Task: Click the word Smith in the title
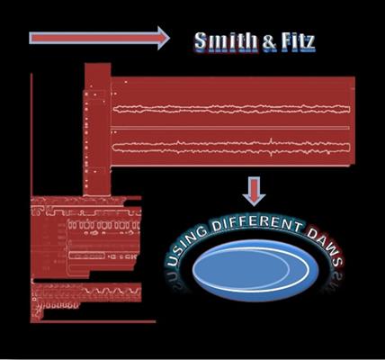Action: click(x=226, y=41)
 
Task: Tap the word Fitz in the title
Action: click(x=298, y=41)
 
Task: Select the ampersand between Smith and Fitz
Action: click(x=269, y=42)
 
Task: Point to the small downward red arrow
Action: click(x=254, y=191)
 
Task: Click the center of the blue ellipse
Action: click(x=255, y=270)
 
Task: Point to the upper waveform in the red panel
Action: click(x=231, y=109)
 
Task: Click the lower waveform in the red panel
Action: click(x=231, y=147)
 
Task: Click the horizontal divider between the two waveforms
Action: click(x=230, y=128)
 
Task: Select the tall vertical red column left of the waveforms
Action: click(x=97, y=130)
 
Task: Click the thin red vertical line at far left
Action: click(x=31, y=134)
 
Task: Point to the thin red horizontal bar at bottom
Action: click(x=97, y=321)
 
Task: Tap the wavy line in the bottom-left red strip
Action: click(x=112, y=291)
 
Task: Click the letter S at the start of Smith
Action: click(x=201, y=41)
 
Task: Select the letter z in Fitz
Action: click(x=309, y=44)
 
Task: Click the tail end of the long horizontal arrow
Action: click(x=30, y=38)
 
